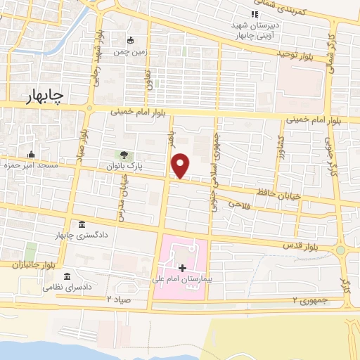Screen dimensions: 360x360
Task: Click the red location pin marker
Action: [181, 165]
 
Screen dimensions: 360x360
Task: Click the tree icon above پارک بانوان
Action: [124, 155]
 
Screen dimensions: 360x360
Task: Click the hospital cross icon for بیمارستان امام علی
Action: [182, 267]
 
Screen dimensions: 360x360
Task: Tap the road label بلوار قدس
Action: [297, 247]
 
